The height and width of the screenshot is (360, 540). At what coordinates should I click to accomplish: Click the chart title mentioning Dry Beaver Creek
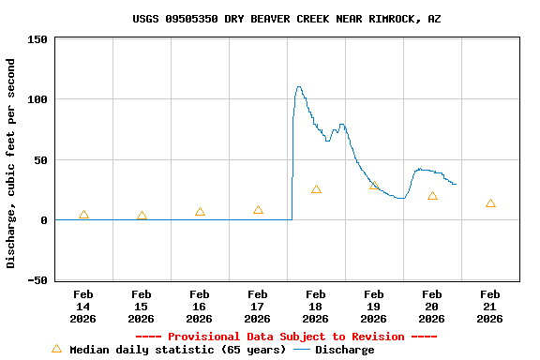(x=286, y=19)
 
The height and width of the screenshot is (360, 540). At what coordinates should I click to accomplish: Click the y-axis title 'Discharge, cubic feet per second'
(x=11, y=163)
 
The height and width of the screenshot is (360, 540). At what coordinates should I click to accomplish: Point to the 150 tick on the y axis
(x=37, y=39)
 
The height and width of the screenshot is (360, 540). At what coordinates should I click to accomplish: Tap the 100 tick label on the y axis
(x=37, y=99)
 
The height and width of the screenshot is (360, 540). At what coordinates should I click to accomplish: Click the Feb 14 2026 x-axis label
(x=83, y=307)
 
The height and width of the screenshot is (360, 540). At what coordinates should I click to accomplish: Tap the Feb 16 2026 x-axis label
(x=200, y=307)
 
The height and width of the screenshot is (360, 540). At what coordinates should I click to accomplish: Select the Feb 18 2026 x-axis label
(x=316, y=307)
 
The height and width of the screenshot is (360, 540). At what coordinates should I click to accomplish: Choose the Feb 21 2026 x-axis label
(x=490, y=307)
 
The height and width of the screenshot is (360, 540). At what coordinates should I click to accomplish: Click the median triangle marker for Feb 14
(x=83, y=216)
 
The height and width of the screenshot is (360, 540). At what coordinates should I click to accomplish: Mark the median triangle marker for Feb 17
(x=258, y=210)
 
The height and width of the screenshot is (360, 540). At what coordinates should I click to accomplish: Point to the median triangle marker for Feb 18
(x=316, y=189)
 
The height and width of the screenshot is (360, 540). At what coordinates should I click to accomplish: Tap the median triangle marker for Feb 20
(x=432, y=196)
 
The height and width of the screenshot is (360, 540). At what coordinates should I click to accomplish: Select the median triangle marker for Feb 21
(x=490, y=203)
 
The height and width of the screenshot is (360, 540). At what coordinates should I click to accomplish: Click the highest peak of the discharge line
(x=299, y=87)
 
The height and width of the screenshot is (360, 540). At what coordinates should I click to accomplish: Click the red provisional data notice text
(x=286, y=337)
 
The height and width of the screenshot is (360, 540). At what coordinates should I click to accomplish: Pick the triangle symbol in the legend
(x=56, y=349)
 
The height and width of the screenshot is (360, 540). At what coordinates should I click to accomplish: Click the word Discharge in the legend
(x=344, y=350)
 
